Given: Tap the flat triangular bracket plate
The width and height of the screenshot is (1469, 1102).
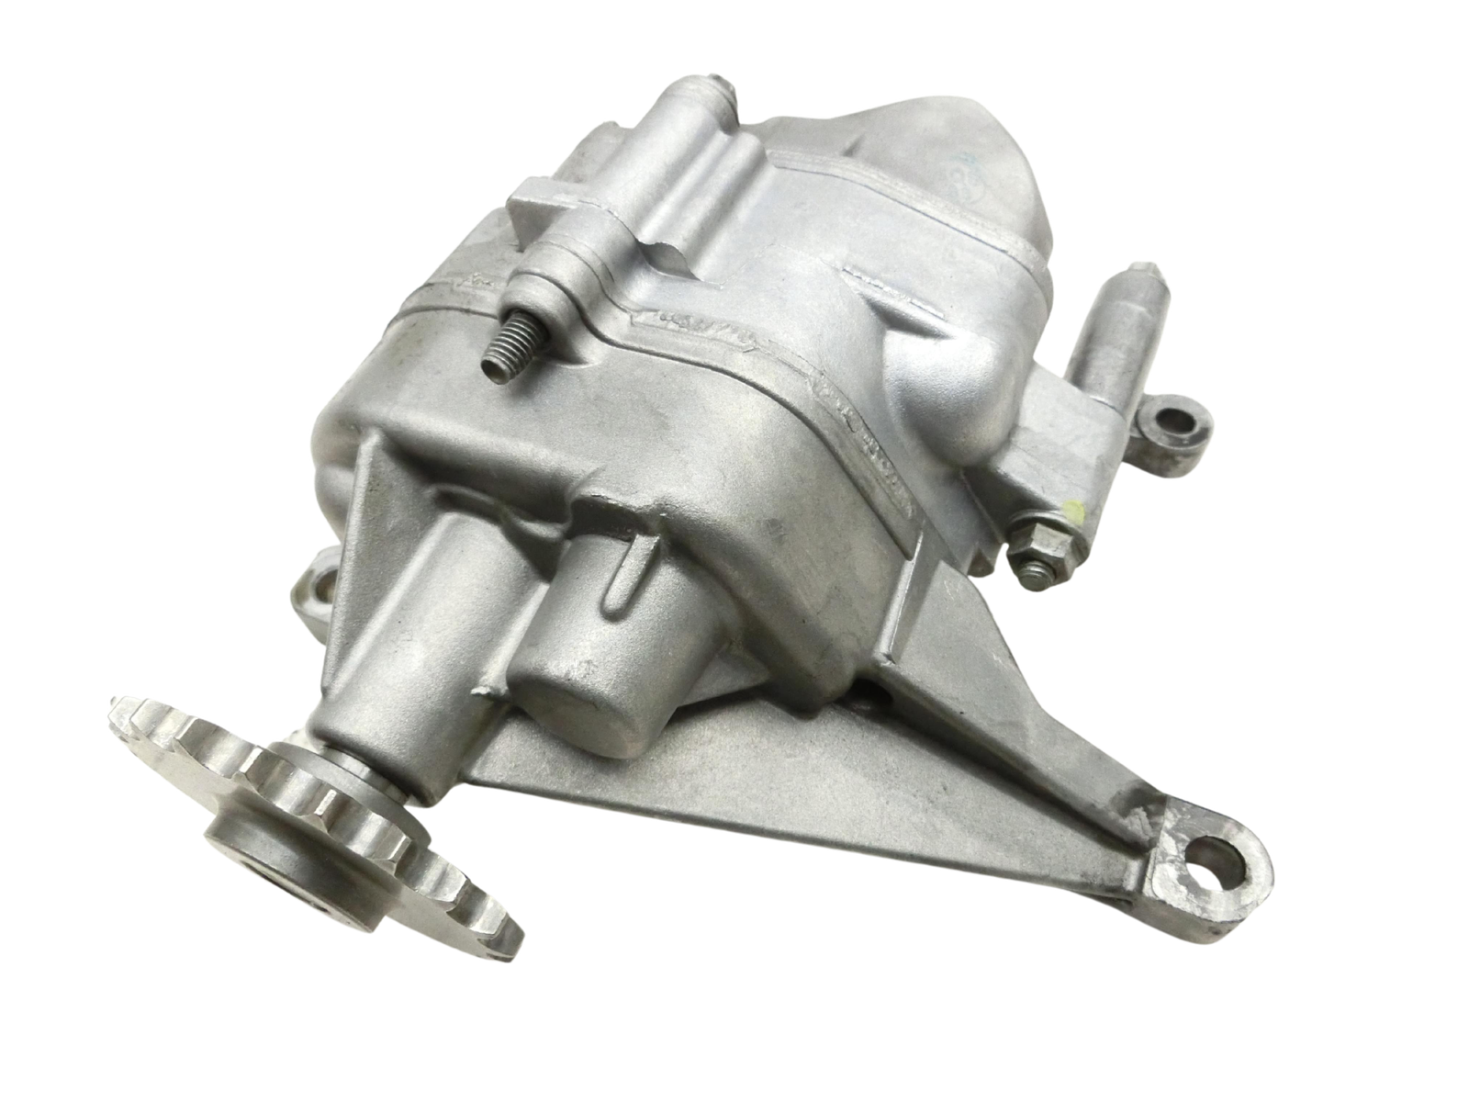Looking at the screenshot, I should tap(826, 781).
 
